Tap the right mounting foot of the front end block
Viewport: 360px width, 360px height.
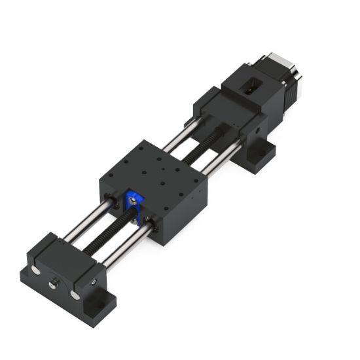100,304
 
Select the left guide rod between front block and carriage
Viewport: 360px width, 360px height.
85,223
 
